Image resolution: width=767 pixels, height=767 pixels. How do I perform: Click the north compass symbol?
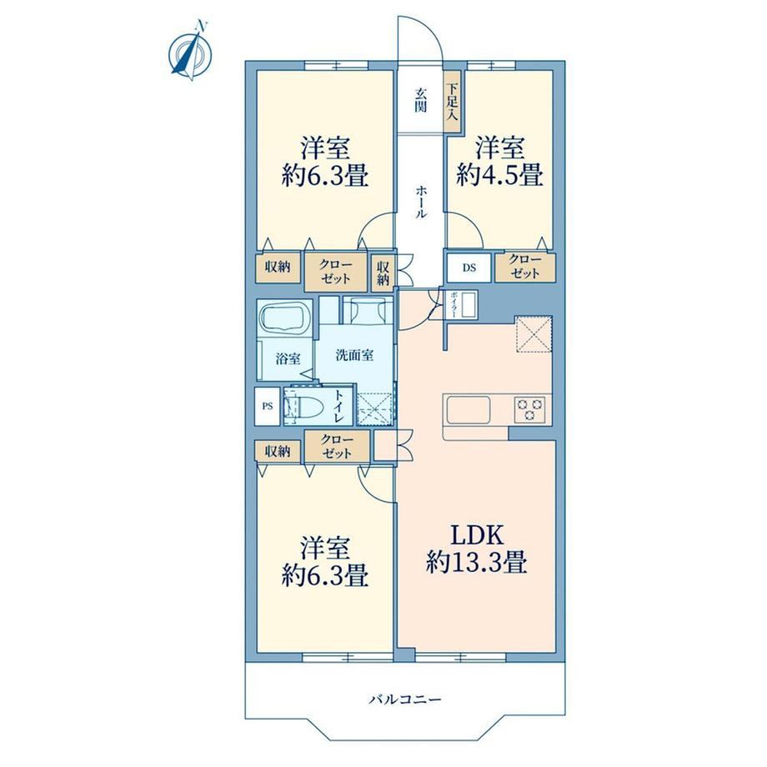point(191,51)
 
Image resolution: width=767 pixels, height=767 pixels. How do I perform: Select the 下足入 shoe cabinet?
point(452,101)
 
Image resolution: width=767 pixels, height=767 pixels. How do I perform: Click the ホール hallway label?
point(421,202)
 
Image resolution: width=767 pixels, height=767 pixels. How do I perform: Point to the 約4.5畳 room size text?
point(499,174)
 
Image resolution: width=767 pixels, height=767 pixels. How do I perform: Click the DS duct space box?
point(469,268)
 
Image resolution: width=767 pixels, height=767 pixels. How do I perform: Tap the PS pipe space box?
point(267,406)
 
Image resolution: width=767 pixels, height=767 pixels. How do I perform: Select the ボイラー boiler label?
point(453,305)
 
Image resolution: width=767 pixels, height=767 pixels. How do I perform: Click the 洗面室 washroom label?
point(354,355)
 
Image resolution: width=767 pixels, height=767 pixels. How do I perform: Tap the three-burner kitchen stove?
point(530,409)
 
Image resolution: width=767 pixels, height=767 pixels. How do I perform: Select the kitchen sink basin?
point(469,410)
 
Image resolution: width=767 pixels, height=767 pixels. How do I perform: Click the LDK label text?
point(476,535)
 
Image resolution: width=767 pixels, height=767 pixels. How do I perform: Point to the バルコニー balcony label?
point(404,699)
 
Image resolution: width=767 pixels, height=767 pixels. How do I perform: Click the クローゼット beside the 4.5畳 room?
point(525,268)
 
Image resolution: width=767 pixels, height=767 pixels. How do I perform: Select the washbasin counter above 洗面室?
point(368,310)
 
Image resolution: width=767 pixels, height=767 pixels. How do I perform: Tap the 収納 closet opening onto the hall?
point(382,272)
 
